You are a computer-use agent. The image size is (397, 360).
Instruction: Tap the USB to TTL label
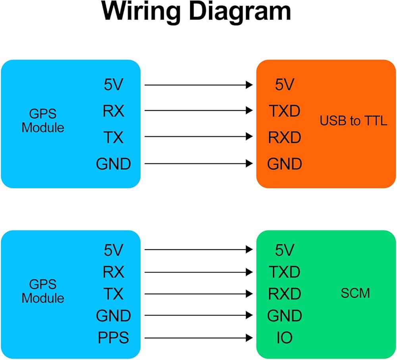[353, 120]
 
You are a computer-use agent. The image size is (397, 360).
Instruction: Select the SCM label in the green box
[355, 293]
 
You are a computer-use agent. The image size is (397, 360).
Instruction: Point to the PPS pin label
[113, 338]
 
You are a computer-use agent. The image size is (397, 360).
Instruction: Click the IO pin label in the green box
[284, 338]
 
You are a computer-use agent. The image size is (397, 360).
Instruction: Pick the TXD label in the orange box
[284, 111]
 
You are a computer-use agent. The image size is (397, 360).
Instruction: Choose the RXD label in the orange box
[284, 137]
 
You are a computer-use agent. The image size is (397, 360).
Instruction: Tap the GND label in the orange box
[284, 164]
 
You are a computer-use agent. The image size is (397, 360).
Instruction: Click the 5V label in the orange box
[284, 85]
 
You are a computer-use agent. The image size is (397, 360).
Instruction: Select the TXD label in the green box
[284, 272]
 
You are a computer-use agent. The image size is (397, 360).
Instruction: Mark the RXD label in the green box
[284, 294]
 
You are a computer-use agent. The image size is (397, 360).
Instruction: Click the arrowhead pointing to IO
[249, 338]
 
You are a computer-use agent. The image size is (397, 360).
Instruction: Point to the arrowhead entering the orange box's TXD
[249, 110]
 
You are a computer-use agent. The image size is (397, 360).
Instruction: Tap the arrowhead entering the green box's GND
[249, 315]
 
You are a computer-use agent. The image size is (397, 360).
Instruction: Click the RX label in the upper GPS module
[114, 111]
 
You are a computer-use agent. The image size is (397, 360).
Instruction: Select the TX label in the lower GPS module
[114, 294]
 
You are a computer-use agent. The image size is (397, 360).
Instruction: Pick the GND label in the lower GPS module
[114, 315]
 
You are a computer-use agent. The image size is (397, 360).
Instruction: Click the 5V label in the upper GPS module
[113, 85]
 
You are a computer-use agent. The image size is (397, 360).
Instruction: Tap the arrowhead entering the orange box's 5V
[249, 85]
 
